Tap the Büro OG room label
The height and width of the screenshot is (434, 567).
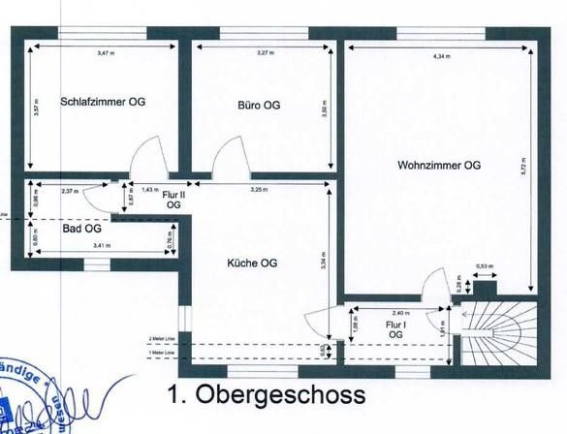(x=259, y=105)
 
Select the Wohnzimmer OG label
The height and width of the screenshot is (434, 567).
(x=439, y=165)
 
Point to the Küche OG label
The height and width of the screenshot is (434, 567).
(x=253, y=263)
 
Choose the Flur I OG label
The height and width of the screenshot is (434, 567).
(x=395, y=328)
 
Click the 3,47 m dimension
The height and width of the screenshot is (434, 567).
(x=104, y=51)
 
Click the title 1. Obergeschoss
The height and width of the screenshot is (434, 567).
(x=267, y=395)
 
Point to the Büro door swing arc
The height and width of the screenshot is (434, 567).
(x=230, y=157)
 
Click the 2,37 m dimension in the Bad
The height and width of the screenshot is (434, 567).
(x=70, y=190)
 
